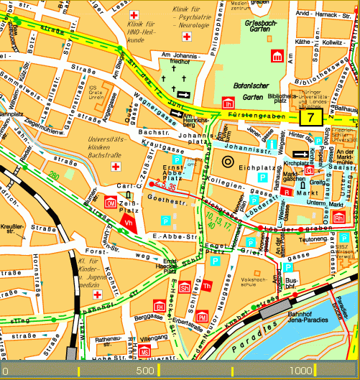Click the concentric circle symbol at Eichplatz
click(x=229, y=161)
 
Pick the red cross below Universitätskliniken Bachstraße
click(x=115, y=167)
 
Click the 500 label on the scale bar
click(x=145, y=371)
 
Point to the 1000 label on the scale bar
click(x=302, y=371)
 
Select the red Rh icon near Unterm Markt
click(x=338, y=216)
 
